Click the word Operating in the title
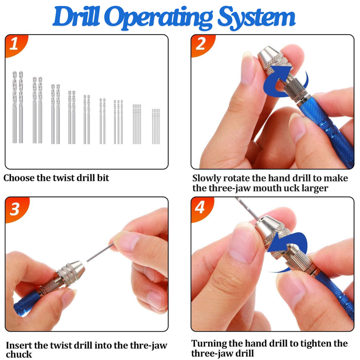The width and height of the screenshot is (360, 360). pyautogui.click(x=160, y=18)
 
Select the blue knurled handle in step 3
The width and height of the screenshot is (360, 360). pyautogui.click(x=28, y=303)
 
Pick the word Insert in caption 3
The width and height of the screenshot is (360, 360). pyautogui.click(x=19, y=345)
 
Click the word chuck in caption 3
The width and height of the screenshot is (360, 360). pyautogui.click(x=19, y=354)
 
